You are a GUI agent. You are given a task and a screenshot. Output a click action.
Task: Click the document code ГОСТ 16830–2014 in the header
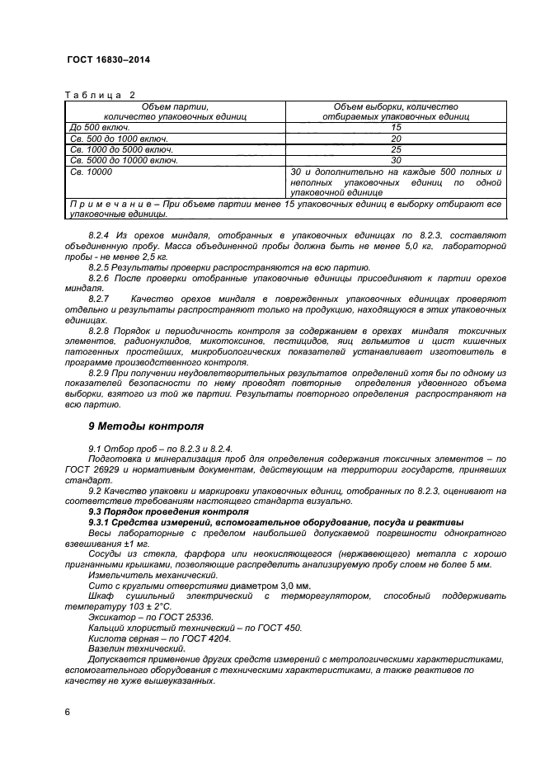pyautogui.click(x=107, y=60)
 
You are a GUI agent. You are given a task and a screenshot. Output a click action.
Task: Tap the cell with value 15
pyautogui.click(x=396, y=128)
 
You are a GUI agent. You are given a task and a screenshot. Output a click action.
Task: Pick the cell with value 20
pyautogui.click(x=396, y=139)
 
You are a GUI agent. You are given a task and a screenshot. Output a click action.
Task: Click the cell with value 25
pyautogui.click(x=396, y=150)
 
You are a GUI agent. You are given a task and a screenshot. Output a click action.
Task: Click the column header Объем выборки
pyautogui.click(x=396, y=111)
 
